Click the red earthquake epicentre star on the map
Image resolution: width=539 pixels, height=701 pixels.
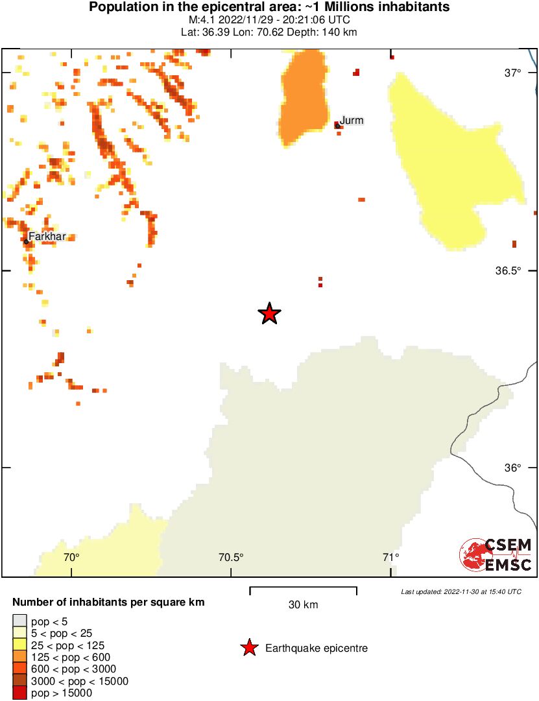pos(269,314)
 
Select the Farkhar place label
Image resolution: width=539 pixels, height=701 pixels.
pos(47,237)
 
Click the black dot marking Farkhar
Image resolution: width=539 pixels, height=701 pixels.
pos(27,241)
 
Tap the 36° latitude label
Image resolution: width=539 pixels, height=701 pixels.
pos(514,468)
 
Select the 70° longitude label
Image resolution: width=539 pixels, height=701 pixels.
pos(71,557)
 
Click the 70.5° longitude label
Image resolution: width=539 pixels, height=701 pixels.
pos(231,557)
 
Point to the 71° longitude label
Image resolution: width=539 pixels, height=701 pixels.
pos(390,557)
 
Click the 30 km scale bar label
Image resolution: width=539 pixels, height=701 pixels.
pos(303,605)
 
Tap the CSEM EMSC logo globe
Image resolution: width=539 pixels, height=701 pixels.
pos(473,556)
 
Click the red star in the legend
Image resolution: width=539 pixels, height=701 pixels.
pos(248,648)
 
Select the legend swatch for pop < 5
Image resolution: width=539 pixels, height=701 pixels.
pos(19,621)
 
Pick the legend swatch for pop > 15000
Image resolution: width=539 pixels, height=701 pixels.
pos(19,693)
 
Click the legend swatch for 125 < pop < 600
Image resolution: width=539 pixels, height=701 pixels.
pos(19,657)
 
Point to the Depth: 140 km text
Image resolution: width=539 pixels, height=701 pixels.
pos(325,32)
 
